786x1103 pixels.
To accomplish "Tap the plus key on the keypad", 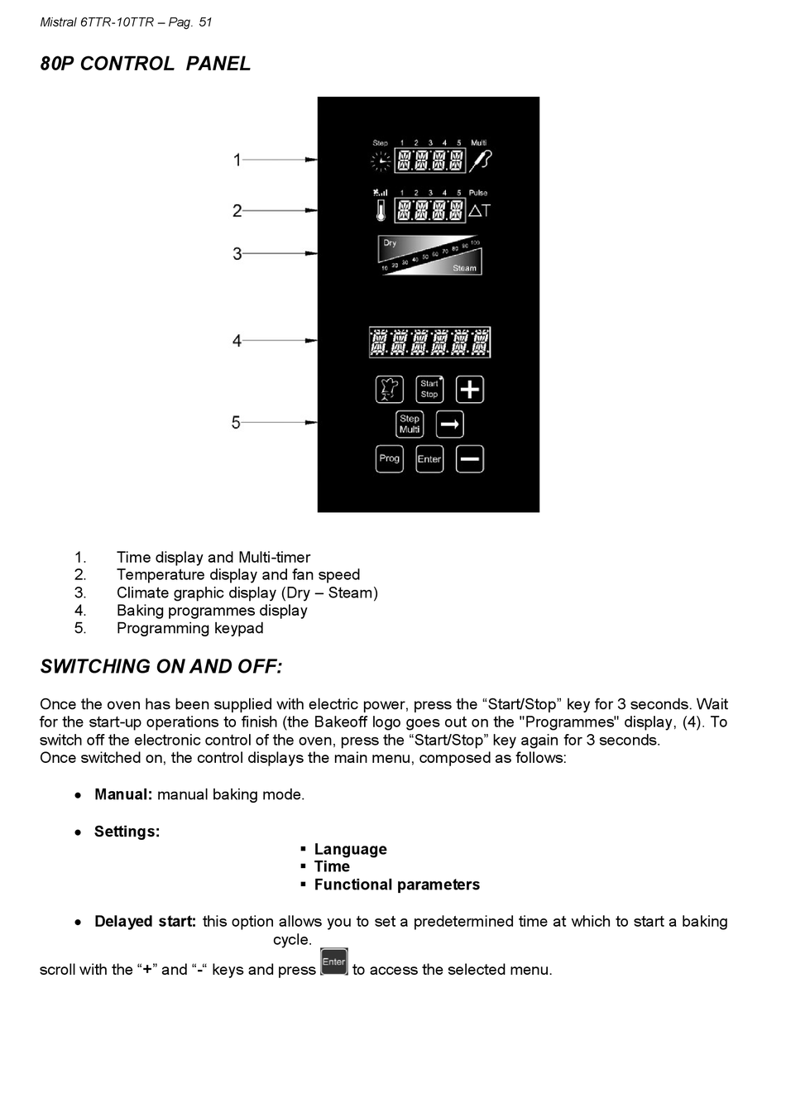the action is click(x=469, y=390).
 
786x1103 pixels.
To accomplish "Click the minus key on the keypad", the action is click(x=469, y=459).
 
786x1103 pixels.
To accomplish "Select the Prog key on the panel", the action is click(x=389, y=459).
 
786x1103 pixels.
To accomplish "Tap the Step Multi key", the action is click(x=410, y=424).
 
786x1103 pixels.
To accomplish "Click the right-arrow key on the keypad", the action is click(x=449, y=424).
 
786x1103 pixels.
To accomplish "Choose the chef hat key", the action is click(x=389, y=390).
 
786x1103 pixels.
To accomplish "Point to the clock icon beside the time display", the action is click(x=381, y=161).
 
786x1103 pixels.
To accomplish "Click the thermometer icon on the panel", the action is click(x=381, y=210).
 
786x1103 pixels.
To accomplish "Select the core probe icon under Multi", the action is click(x=480, y=161).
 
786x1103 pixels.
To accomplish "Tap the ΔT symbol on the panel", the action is click(x=479, y=211).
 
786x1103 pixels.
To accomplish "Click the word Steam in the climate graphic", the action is click(x=464, y=268).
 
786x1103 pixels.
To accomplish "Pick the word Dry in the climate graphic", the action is click(x=390, y=242).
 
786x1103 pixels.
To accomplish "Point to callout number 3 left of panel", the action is click(x=237, y=253).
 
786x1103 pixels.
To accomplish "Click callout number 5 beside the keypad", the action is click(x=237, y=423).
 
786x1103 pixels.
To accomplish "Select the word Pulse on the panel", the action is click(x=477, y=193).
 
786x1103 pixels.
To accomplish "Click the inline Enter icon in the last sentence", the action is click(x=334, y=962).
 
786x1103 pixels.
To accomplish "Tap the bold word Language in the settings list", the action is click(x=351, y=850).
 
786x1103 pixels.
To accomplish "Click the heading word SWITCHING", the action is click(x=93, y=667).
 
